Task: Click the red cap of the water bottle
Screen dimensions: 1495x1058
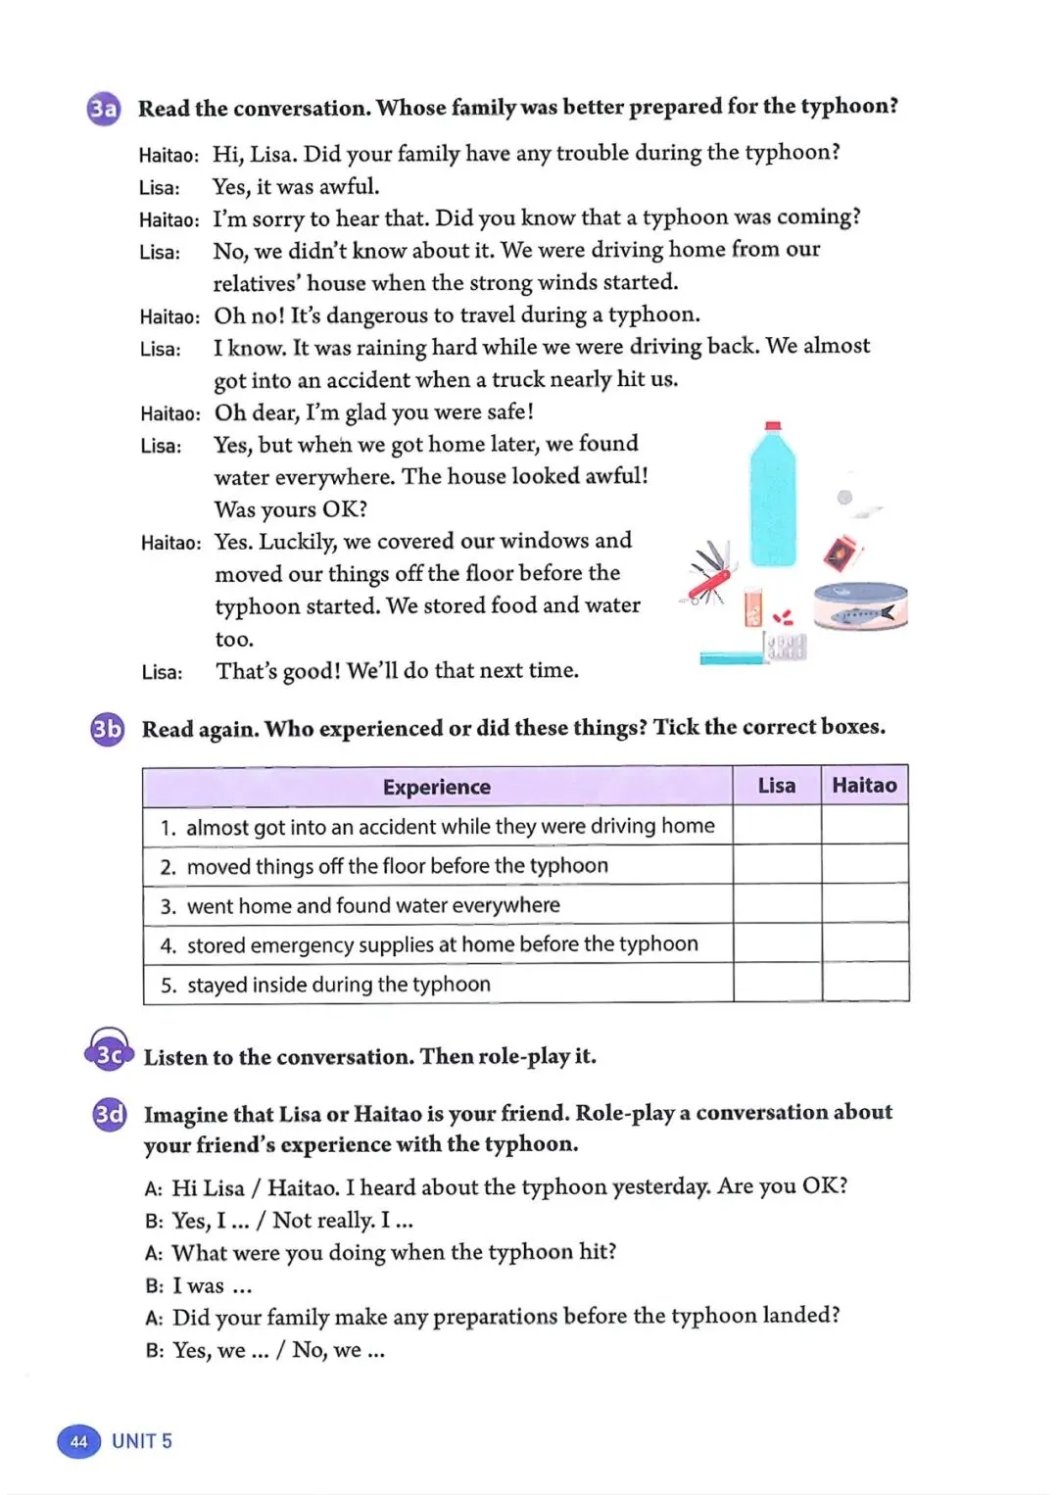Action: [x=773, y=426]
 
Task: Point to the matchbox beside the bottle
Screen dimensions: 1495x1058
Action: [x=840, y=554]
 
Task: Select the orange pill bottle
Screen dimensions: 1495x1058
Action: [x=752, y=608]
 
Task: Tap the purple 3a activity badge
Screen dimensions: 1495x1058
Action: [x=104, y=108]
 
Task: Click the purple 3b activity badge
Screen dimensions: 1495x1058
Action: [x=107, y=729]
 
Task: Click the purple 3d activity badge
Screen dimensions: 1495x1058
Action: [x=109, y=1115]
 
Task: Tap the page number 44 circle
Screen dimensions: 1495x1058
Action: [x=78, y=1441]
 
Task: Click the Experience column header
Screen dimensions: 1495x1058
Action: [x=437, y=787]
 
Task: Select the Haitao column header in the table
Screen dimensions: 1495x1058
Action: [x=864, y=785]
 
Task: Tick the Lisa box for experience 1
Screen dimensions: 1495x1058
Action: [x=776, y=826]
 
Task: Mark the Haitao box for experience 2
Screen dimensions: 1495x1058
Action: [x=864, y=865]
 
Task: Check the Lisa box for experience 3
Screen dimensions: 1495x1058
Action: [x=776, y=904]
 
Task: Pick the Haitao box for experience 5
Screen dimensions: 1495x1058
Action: [x=864, y=983]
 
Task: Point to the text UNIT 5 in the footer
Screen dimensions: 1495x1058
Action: [x=142, y=1441]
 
